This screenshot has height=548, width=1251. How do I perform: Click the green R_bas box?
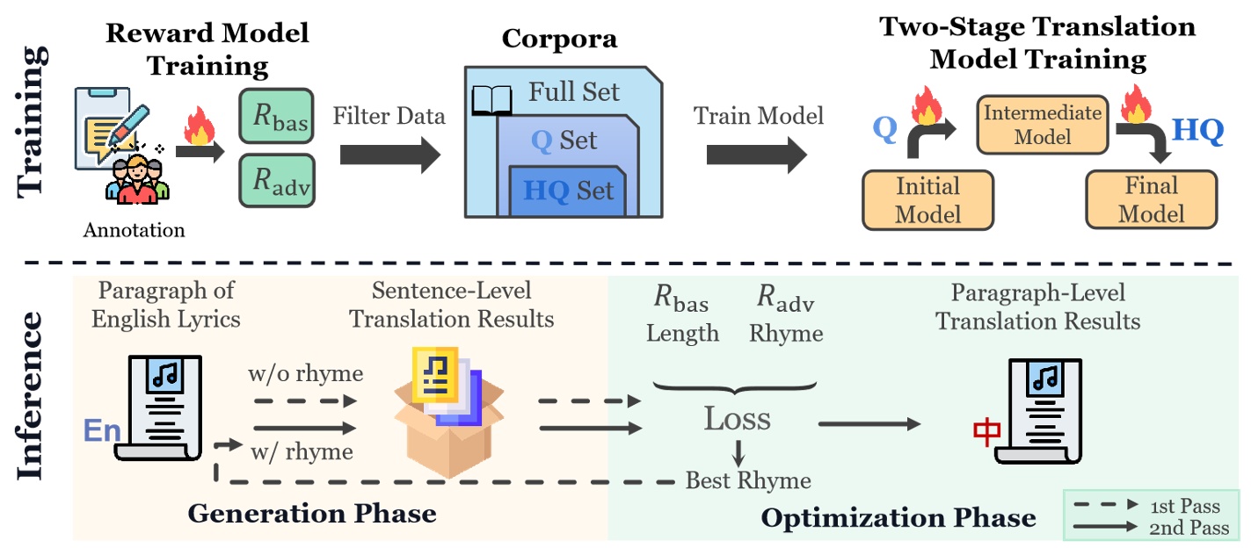point(276,116)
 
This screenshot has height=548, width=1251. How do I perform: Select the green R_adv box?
point(277,181)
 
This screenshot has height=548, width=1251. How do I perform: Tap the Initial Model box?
point(927,200)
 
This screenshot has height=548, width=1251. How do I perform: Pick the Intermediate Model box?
point(1042,125)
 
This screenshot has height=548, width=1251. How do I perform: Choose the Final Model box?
point(1151,199)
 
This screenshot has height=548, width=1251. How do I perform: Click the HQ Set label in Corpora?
point(568,191)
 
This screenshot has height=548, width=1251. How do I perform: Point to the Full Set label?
point(573,91)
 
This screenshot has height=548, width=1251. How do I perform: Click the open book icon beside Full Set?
point(491,100)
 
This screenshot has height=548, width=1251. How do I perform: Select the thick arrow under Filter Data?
point(389,155)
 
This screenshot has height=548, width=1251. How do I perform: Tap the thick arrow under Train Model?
point(757,155)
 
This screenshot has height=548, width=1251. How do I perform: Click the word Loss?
point(738,419)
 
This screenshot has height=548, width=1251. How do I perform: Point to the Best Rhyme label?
point(748,480)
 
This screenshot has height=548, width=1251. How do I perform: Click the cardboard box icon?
point(449,413)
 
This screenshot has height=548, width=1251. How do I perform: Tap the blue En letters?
point(102,430)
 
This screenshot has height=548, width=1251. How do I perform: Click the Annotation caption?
point(134,230)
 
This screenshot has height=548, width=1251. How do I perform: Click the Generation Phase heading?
point(311,514)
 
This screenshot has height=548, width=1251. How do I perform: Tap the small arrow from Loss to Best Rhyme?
point(738,453)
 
